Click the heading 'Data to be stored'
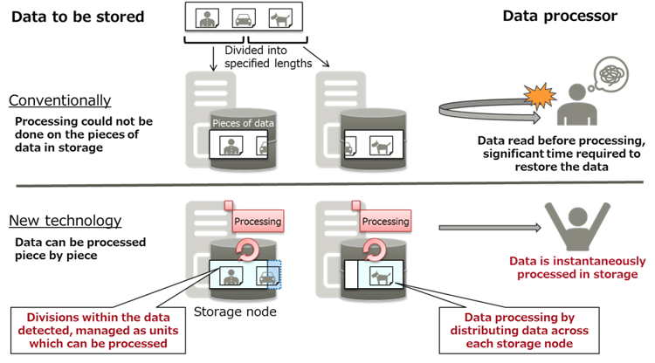tap(77, 17)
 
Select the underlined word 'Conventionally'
tap(59, 100)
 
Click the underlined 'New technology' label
tap(63, 222)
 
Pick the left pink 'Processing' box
tap(257, 222)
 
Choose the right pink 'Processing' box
tap(385, 222)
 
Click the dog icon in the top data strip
tap(279, 17)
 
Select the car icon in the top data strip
tap(244, 17)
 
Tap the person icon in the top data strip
tap(209, 17)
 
